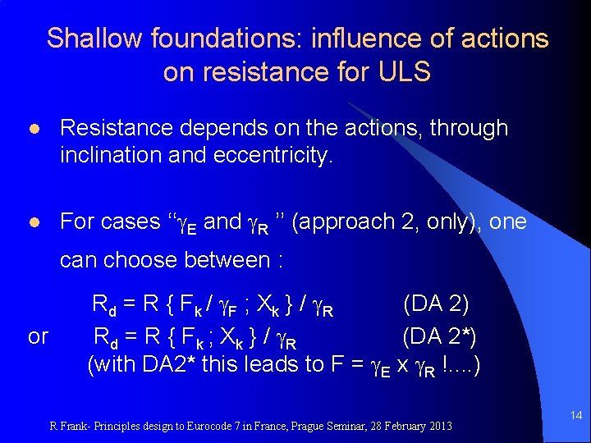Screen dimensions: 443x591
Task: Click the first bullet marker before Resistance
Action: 33,129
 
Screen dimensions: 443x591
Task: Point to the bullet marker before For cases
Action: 33,222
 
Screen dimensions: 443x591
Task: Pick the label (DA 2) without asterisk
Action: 436,304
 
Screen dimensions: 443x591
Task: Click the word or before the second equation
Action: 38,336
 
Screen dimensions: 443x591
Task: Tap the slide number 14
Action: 575,417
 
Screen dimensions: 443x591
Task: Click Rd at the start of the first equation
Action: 104,306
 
